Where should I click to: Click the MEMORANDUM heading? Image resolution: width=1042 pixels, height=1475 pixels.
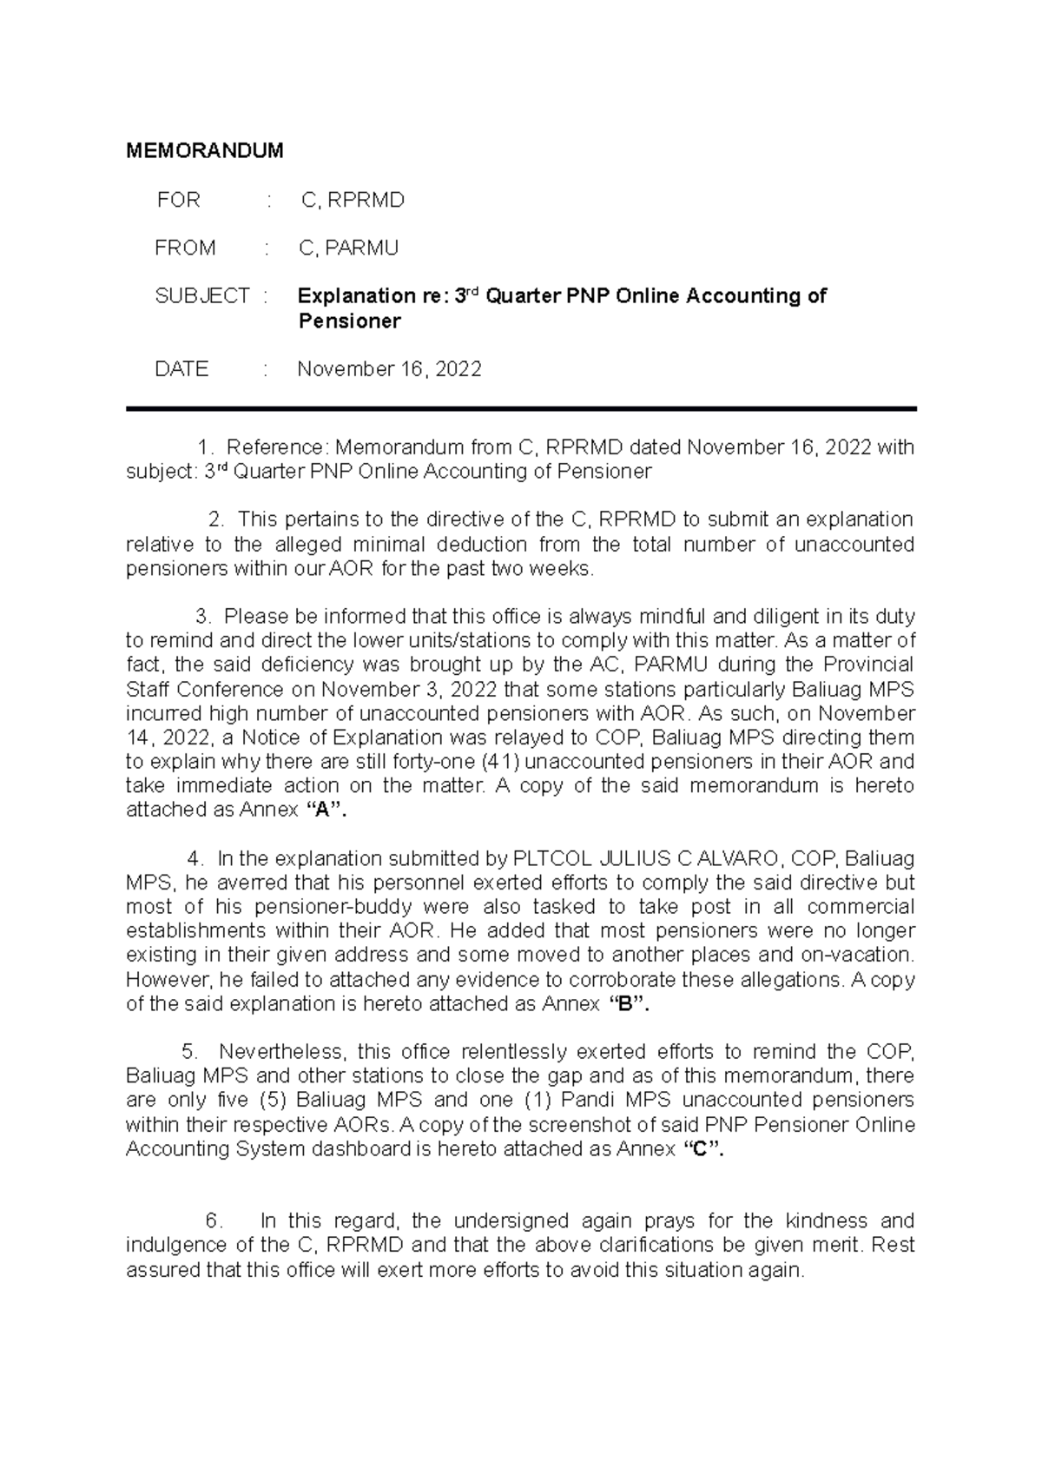pos(205,151)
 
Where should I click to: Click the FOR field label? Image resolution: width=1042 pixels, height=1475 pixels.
pos(179,201)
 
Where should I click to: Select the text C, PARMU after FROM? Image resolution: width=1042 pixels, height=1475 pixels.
pos(348,248)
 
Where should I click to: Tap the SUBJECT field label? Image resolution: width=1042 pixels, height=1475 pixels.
pos(202,296)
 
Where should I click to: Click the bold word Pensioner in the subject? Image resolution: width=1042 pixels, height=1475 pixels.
pos(349,321)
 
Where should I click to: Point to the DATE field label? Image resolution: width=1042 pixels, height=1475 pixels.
pos(181,369)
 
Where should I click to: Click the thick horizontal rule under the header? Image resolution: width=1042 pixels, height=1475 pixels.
pos(521,409)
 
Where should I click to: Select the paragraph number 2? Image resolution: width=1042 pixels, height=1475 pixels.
pos(216,520)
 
